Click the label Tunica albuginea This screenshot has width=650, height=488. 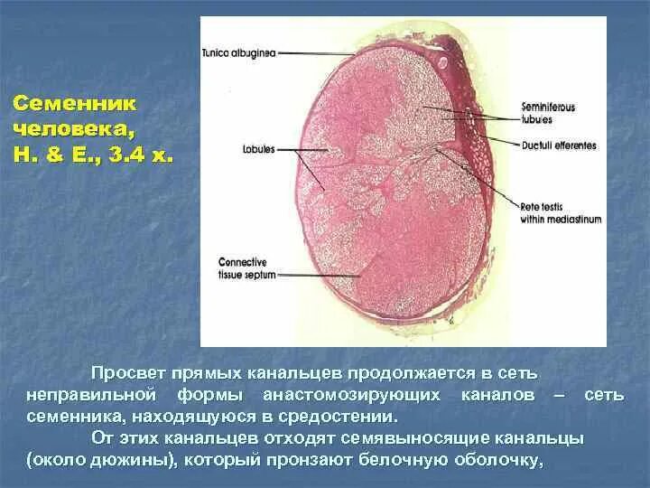coord(239,53)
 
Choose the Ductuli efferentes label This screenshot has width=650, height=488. coord(558,146)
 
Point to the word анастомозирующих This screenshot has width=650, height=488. coord(352,396)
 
